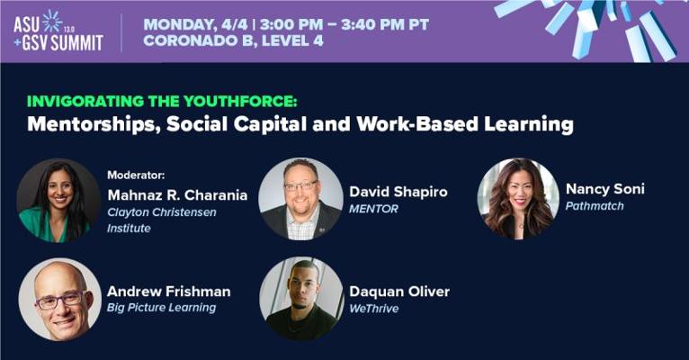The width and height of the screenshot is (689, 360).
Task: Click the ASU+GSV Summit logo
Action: pos(58,31)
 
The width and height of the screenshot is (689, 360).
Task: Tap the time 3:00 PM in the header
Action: pos(291,24)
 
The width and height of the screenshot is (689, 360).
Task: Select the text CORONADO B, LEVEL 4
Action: pos(233,40)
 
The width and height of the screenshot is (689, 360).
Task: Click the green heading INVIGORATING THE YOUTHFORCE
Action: pos(162,101)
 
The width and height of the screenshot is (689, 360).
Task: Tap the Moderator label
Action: pos(136,175)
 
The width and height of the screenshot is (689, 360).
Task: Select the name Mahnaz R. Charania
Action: pos(177,194)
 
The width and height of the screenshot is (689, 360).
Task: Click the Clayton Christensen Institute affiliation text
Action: pos(162,220)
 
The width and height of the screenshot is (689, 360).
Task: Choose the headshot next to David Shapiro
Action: pos(301,199)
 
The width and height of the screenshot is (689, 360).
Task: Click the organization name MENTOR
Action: pos(373,209)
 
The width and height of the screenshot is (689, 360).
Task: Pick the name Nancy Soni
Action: pos(605,189)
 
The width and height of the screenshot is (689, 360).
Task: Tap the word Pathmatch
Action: pos(595,206)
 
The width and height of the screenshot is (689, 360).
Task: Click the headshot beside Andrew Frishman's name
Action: pos(60,300)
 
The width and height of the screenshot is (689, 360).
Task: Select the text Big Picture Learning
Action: pos(161,308)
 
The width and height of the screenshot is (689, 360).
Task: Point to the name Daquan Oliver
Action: pos(399,292)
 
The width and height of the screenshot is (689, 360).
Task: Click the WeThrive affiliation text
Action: pos(374,309)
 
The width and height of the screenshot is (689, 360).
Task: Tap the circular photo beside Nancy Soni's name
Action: pos(518,199)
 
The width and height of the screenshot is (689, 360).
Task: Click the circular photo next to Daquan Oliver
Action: pos(301,299)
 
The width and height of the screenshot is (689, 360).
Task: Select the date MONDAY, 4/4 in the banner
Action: pos(196,24)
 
